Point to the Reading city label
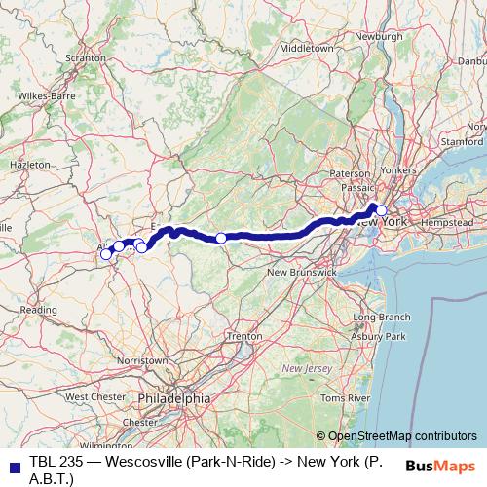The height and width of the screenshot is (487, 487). tap(39, 310)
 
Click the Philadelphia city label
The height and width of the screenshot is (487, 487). tap(173, 398)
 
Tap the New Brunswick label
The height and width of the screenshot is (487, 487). tap(302, 272)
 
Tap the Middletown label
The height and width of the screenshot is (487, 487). tap(305, 47)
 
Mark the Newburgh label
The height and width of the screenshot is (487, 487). tap(378, 36)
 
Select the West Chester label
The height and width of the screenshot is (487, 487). tap(94, 396)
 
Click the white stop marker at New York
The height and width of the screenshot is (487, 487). tap(381, 210)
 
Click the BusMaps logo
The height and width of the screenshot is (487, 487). tap(441, 466)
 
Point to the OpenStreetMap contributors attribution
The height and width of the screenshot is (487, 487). tap(402, 436)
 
